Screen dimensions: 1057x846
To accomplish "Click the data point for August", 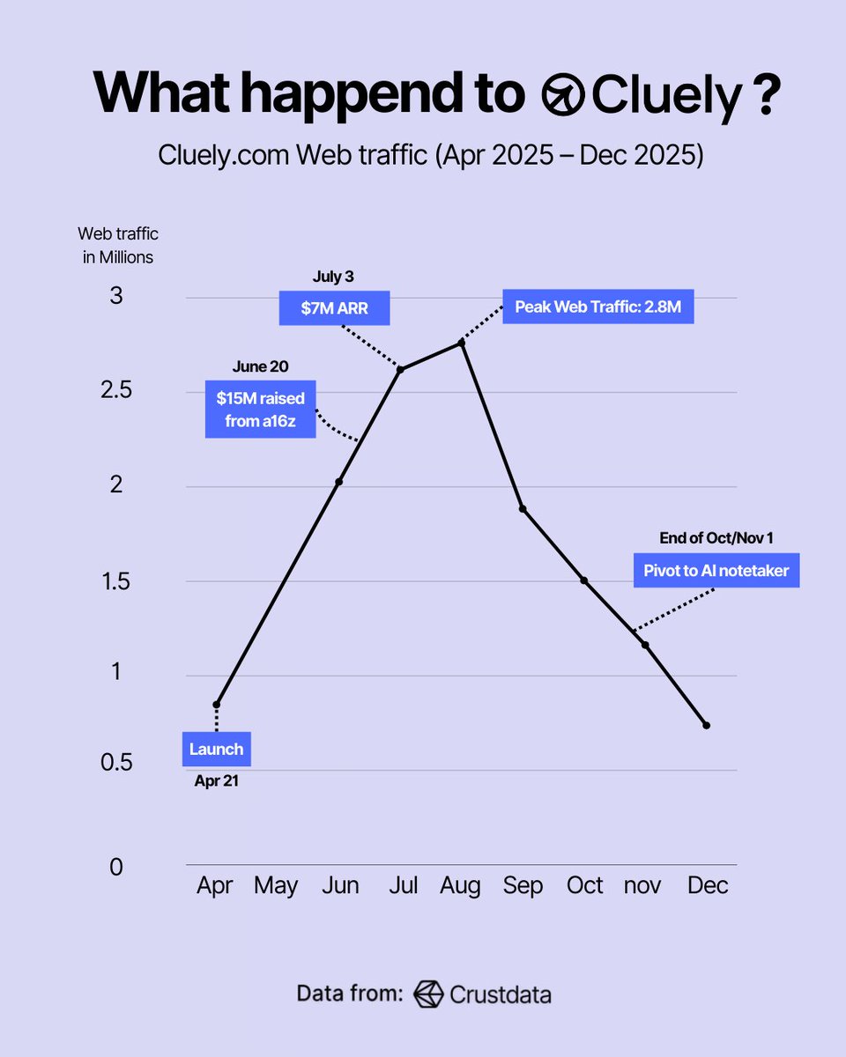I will (x=462, y=343).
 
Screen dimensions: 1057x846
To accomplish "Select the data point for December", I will (x=706, y=725).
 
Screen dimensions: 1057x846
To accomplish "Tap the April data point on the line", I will (x=216, y=705).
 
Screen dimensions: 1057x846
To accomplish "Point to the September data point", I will (x=523, y=509).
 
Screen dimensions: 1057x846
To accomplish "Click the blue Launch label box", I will (x=217, y=750).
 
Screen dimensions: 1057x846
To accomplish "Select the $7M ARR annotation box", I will (x=335, y=308).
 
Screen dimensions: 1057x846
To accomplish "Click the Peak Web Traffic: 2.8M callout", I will (x=598, y=307).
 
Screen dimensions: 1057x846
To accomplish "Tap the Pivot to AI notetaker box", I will (x=716, y=570).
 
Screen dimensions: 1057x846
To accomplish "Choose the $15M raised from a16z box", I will (x=261, y=410).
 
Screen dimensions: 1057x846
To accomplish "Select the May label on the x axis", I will (x=276, y=885).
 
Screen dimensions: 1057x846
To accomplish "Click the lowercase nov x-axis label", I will (x=642, y=885).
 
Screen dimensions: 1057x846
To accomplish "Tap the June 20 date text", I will (x=260, y=366).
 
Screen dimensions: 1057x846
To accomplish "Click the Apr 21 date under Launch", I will (x=217, y=780).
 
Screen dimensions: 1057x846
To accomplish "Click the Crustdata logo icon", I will (x=428, y=994).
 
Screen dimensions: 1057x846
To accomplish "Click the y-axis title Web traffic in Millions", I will (x=118, y=246).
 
